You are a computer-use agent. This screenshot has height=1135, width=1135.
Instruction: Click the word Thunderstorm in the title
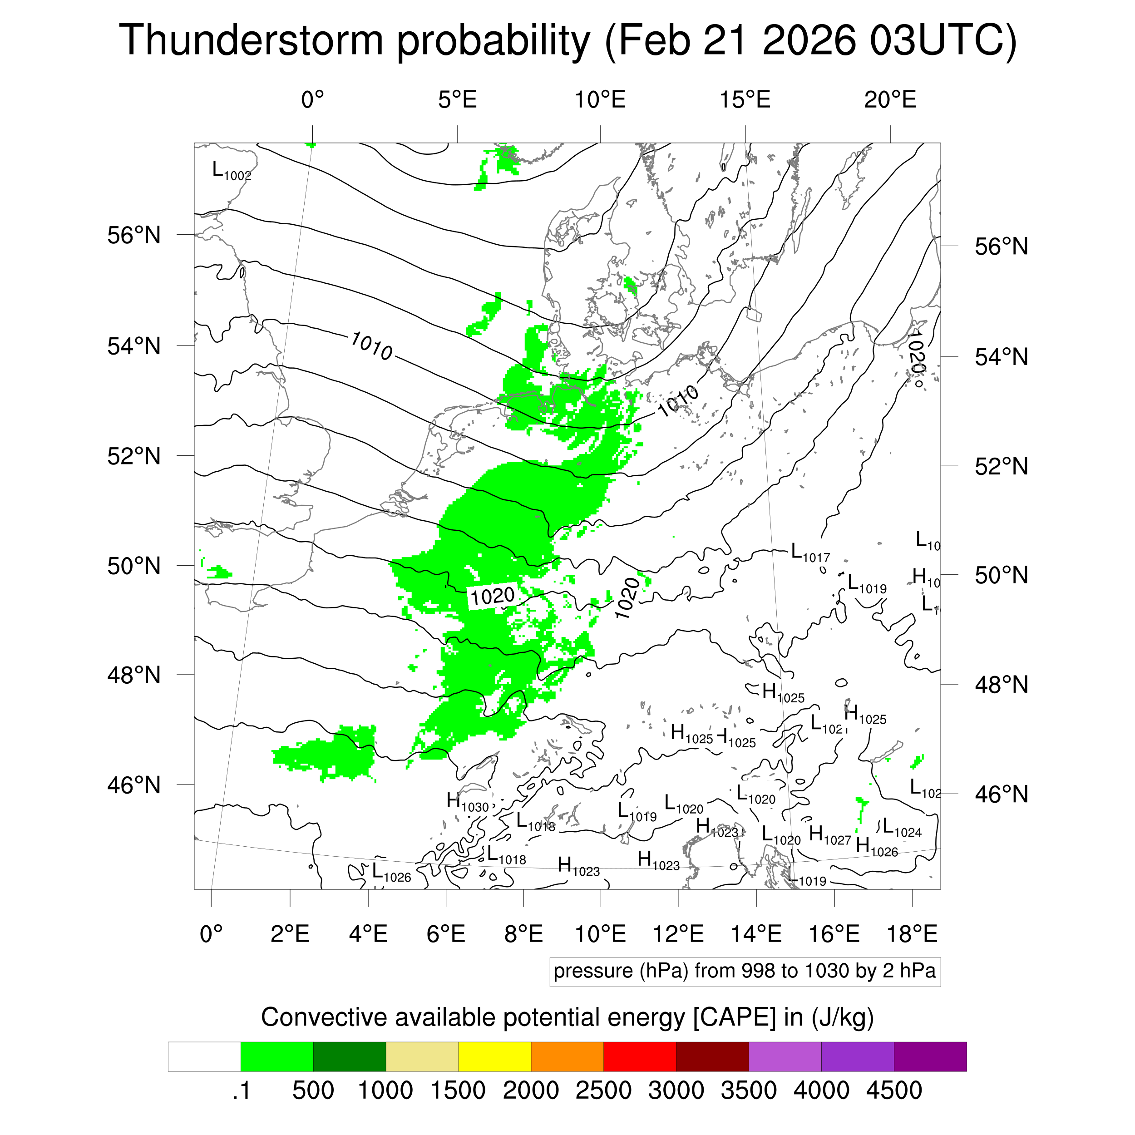[251, 41]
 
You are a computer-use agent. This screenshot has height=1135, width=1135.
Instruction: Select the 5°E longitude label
[457, 100]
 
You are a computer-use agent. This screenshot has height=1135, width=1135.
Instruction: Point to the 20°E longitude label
[889, 100]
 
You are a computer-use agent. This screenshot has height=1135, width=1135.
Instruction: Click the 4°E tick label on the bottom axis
[368, 933]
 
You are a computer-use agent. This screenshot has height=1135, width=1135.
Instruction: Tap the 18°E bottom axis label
[912, 933]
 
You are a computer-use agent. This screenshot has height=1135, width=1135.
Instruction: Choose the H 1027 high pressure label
[829, 835]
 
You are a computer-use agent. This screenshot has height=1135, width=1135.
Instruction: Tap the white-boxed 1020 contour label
[492, 596]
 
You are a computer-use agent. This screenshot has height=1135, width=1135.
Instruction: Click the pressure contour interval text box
[744, 971]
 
